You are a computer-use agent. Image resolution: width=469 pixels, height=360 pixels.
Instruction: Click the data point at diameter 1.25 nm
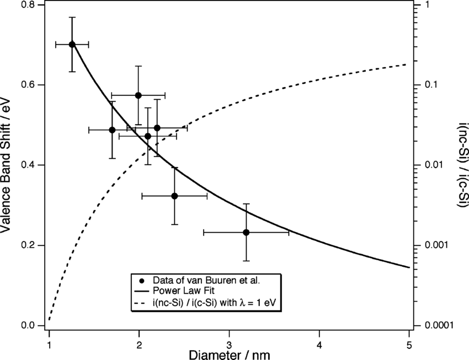pos(72,44)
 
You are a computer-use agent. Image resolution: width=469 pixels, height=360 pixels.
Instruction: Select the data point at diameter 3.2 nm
pos(246,232)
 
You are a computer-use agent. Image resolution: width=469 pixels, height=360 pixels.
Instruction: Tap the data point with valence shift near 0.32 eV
pos(174,196)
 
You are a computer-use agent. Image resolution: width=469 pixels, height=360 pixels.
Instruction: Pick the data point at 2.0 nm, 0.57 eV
pos(138,95)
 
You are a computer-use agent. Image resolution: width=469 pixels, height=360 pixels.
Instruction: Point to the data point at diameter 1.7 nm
pos(112,130)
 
